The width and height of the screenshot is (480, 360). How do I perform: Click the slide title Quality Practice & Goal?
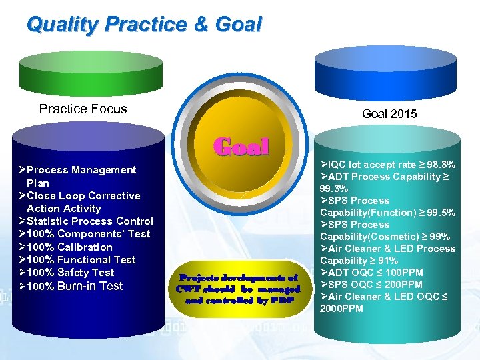click(144, 25)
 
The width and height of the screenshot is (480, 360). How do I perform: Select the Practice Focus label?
click(83, 109)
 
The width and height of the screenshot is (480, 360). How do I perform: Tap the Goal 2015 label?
click(389, 114)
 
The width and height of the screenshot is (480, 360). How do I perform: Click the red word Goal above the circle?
click(241, 146)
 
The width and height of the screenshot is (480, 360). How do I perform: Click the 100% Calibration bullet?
click(70, 247)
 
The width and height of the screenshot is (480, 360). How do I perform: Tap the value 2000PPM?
click(341, 309)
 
